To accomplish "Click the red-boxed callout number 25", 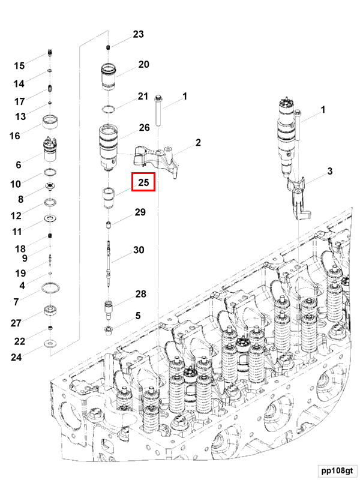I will click(x=143, y=182).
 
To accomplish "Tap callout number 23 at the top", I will click(x=139, y=35).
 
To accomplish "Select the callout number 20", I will click(x=143, y=65).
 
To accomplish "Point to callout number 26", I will click(x=144, y=128).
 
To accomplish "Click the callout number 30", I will click(x=139, y=250).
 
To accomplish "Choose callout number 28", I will click(x=141, y=294).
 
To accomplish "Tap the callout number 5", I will click(x=137, y=316).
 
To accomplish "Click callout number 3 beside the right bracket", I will click(x=329, y=172).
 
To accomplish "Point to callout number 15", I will click(x=19, y=66).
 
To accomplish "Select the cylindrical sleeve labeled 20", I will click(x=110, y=76).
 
